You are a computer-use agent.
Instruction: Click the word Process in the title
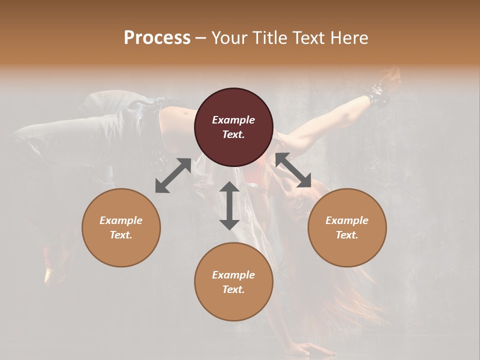(157, 37)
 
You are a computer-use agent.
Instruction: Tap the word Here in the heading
(348, 37)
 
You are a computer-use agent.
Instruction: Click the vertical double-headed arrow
(229, 205)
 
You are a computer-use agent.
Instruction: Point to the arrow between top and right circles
(293, 170)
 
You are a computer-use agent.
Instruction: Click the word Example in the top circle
(233, 120)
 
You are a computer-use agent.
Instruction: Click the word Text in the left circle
(121, 235)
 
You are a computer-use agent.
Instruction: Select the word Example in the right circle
(347, 220)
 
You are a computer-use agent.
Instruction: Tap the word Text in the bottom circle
(233, 289)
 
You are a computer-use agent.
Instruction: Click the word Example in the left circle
(121, 220)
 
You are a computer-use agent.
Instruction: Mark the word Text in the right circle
(347, 235)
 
